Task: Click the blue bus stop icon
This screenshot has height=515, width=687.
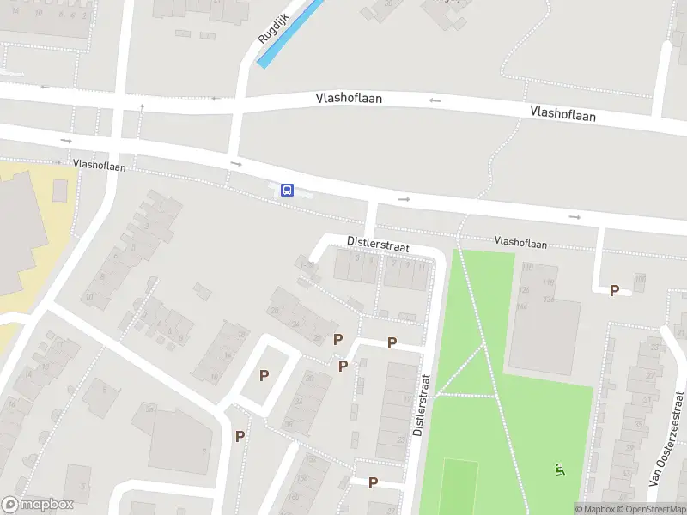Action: point(288,190)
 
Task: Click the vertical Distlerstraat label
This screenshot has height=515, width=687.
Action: point(419,403)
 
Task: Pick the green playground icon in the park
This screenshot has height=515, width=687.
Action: point(560,470)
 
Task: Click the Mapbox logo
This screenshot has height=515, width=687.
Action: point(38,505)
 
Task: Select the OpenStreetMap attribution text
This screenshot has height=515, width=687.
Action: point(654,509)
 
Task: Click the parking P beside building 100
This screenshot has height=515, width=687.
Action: point(614,291)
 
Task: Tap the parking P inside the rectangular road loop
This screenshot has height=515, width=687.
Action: point(264,375)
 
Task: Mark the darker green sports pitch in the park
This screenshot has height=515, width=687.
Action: point(459,485)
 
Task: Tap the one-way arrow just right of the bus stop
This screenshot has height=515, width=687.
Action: point(404,199)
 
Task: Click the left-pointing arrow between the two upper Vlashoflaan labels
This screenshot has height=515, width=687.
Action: point(435,100)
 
